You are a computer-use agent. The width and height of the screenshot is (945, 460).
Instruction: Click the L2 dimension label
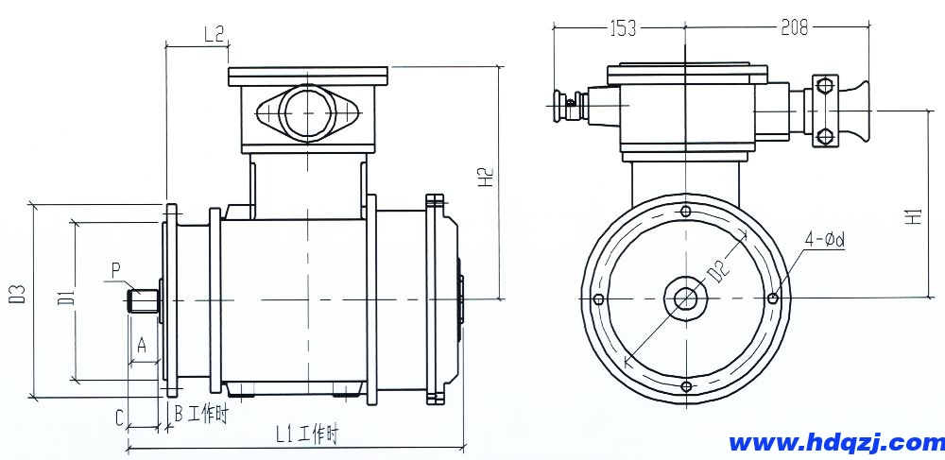(x=214, y=34)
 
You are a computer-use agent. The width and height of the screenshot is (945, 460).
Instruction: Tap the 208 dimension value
(x=795, y=28)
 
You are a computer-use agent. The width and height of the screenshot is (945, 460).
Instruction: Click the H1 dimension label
(x=913, y=215)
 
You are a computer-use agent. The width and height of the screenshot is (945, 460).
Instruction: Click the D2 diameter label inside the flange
(x=720, y=270)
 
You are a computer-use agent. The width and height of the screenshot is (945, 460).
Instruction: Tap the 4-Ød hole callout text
(x=824, y=240)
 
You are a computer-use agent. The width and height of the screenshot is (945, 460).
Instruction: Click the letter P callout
(x=115, y=269)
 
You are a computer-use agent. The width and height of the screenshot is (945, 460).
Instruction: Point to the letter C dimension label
(x=119, y=416)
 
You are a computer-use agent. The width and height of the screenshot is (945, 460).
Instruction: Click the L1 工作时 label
(x=305, y=434)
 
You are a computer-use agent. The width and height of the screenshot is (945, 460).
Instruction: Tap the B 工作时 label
(x=200, y=413)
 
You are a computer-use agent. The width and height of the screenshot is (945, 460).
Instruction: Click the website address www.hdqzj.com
(x=836, y=442)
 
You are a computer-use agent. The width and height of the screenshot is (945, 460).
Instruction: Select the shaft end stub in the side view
(x=144, y=300)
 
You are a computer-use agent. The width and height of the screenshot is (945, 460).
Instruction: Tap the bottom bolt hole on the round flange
(x=685, y=386)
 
